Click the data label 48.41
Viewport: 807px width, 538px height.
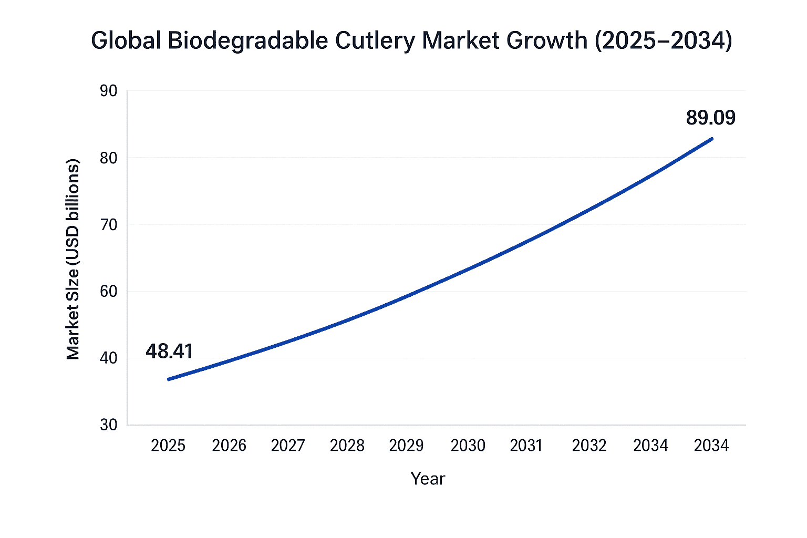click(x=169, y=351)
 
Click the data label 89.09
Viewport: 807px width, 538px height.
click(x=710, y=118)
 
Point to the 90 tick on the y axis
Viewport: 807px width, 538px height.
click(x=108, y=91)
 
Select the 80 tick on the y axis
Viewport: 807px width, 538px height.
click(x=108, y=158)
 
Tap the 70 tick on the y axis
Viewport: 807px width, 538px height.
click(x=108, y=224)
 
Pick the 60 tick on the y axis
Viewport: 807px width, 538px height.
click(x=108, y=291)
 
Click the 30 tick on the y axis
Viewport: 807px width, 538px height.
click(x=108, y=425)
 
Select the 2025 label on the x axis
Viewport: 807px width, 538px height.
click(x=168, y=446)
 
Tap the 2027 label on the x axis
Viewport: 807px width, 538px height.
click(x=288, y=446)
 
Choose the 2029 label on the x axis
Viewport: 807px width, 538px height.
click(x=406, y=446)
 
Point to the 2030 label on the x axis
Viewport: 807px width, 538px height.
click(x=468, y=446)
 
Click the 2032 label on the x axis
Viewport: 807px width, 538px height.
click(x=589, y=446)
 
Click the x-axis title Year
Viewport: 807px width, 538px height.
click(x=428, y=479)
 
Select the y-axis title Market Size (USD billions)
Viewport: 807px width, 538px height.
click(x=73, y=259)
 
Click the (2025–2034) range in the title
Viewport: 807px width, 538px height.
click(x=663, y=40)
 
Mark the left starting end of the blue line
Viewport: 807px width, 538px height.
click(x=169, y=379)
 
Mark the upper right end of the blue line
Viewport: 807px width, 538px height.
click(x=712, y=139)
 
